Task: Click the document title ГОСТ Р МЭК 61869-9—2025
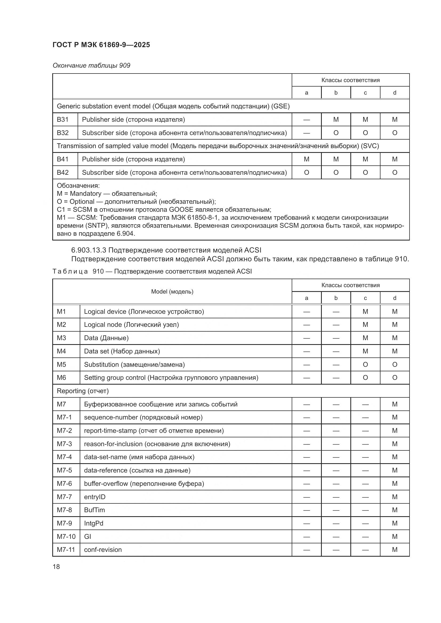101,45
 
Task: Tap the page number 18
56,567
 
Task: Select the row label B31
63,120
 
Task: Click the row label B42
63,173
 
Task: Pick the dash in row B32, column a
307,133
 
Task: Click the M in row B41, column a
307,159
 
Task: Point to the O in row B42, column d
395,173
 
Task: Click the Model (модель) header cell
172,292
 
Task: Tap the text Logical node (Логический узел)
131,325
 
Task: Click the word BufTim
94,510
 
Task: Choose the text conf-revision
103,549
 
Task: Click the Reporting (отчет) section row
83,391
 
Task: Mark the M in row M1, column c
365,312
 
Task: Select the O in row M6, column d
395,378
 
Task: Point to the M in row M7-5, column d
395,470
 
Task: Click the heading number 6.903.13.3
89,250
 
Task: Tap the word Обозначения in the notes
78,186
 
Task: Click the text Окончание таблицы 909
91,66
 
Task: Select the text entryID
95,497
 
